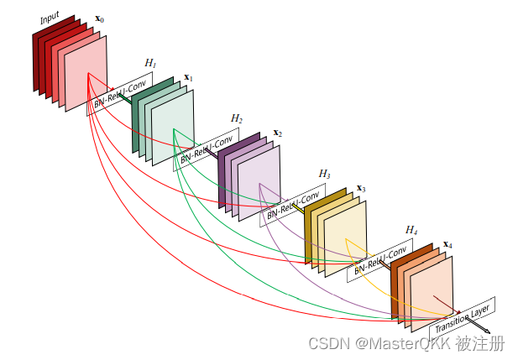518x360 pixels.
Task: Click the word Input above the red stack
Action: click(x=50, y=18)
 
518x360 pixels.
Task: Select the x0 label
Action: click(x=100, y=18)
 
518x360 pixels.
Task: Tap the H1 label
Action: click(x=150, y=62)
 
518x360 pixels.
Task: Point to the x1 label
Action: click(x=189, y=77)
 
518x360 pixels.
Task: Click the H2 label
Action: click(x=237, y=118)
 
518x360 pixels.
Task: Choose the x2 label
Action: click(x=277, y=133)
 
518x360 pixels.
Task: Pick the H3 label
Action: click(x=324, y=173)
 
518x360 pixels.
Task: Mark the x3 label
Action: click(x=361, y=188)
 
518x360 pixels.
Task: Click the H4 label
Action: click(x=411, y=229)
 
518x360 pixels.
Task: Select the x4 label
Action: click(x=447, y=244)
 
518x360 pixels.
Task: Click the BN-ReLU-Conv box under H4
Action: click(x=383, y=258)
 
